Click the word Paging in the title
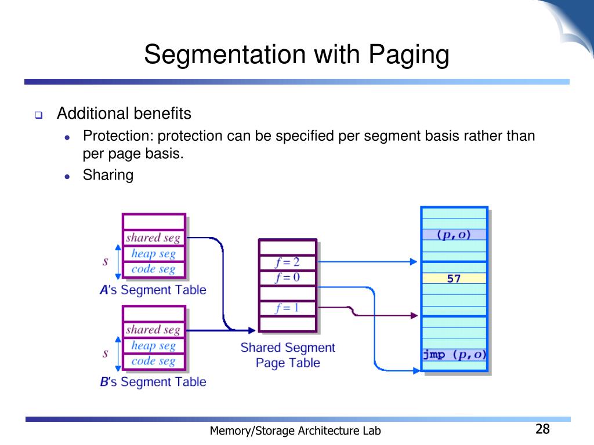pyautogui.click(x=409, y=55)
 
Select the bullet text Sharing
pyautogui.click(x=108, y=175)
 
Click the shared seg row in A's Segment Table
pyautogui.click(x=153, y=238)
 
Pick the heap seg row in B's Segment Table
pyautogui.click(x=153, y=345)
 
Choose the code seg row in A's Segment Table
pyautogui.click(x=153, y=269)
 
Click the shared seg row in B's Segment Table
pyautogui.click(x=153, y=330)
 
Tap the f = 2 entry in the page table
pyautogui.click(x=288, y=262)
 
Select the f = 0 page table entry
pyautogui.click(x=288, y=278)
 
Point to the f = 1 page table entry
pyautogui.click(x=288, y=308)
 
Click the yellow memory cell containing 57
pyautogui.click(x=454, y=279)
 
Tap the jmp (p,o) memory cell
pyautogui.click(x=454, y=355)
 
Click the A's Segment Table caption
pyautogui.click(x=153, y=290)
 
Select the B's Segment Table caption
pyautogui.click(x=153, y=382)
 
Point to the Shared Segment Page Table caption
pyautogui.click(x=288, y=355)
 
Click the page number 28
pyautogui.click(x=542, y=429)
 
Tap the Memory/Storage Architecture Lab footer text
pyautogui.click(x=295, y=431)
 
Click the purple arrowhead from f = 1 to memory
pyautogui.click(x=414, y=316)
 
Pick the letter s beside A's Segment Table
pyautogui.click(x=106, y=261)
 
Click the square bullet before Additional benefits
pyautogui.click(x=39, y=115)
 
